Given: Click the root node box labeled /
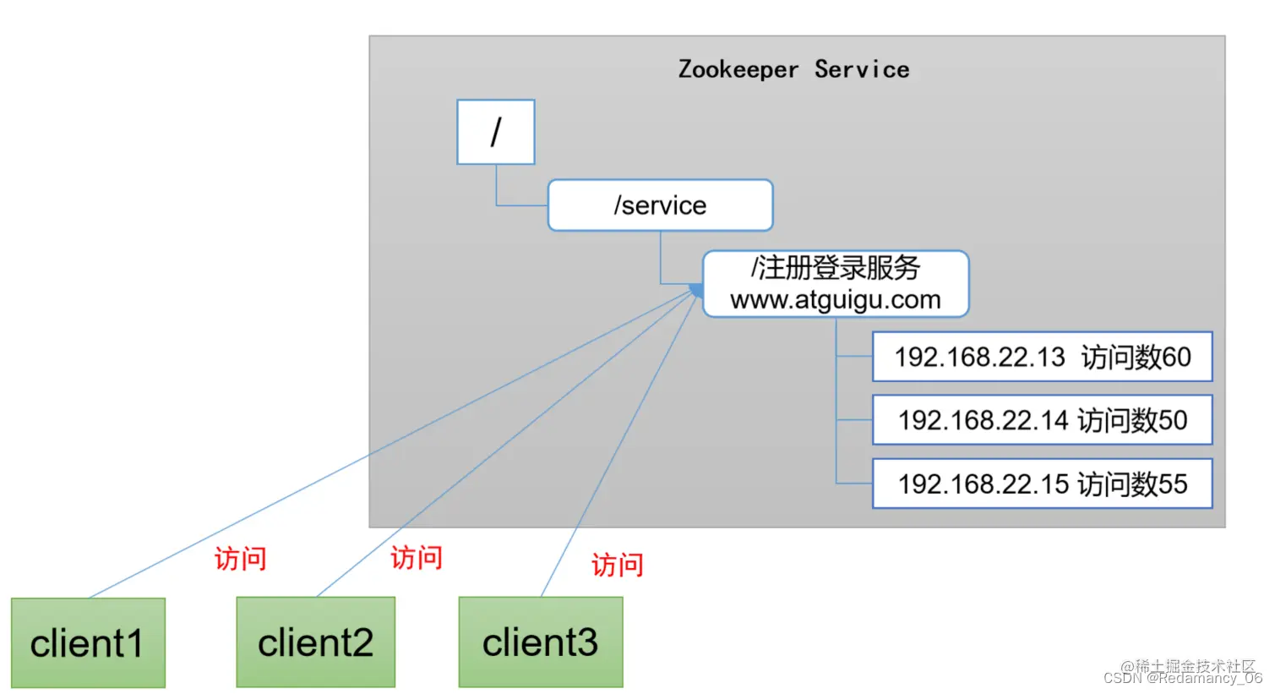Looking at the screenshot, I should point(496,132).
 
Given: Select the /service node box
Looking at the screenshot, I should point(660,205).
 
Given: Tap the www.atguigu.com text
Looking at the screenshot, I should point(835,300).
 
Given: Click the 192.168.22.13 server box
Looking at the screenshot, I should point(1042,357).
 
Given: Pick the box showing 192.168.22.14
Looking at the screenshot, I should point(1042,420).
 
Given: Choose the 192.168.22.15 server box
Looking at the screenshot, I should point(1042,484).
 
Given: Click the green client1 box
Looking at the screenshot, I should point(88,643).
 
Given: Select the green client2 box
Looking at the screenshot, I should point(315,642).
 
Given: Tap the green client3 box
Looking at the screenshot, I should point(541,642).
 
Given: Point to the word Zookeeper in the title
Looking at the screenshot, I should point(738,69).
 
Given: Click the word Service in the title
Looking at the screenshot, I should point(862,69).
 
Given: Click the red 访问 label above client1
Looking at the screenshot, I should point(240,559).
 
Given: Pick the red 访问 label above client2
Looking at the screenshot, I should point(416,558).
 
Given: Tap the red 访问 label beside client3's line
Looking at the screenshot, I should point(617,565).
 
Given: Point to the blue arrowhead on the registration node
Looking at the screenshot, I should point(696,291).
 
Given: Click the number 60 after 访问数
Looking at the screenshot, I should point(1175,357).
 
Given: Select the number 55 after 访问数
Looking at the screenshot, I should point(1172,484).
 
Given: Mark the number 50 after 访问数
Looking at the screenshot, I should point(1172,420).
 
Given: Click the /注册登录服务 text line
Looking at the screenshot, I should point(835,268).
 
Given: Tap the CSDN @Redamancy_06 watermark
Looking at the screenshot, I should point(1182,678).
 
